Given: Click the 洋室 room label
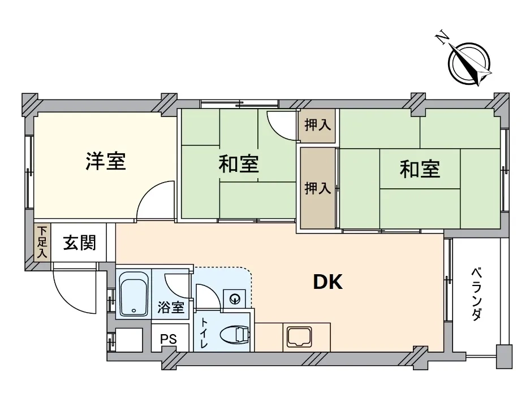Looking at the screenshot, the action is [x=106, y=162].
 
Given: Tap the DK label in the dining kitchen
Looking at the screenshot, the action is [x=328, y=282].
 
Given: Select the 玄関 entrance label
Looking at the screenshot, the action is [x=79, y=242].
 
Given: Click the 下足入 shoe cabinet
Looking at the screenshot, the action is [x=42, y=242].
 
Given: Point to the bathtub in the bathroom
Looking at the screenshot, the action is [x=134, y=298].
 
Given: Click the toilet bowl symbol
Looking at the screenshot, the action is [x=235, y=335].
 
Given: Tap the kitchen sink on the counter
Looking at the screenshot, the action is [x=299, y=337].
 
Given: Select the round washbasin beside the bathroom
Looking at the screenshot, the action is [x=234, y=298].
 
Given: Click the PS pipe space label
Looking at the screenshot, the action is [x=169, y=339].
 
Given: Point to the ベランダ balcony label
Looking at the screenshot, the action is [x=476, y=294].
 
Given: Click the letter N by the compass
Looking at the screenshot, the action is [x=442, y=38].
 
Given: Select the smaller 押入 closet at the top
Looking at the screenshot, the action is [x=317, y=126].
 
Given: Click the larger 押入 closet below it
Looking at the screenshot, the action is [x=318, y=188].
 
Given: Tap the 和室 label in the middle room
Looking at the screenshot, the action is [x=239, y=164].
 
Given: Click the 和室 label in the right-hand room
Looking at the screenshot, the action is [x=420, y=169].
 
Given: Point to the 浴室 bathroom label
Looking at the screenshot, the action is [x=171, y=308].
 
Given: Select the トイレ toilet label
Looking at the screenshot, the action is [x=204, y=333].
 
